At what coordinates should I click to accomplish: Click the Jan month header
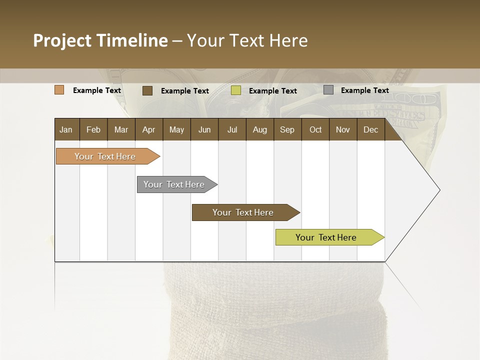pyautogui.click(x=66, y=129)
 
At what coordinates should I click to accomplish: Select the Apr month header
pyautogui.click(x=148, y=129)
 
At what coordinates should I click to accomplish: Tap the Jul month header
pyautogui.click(x=232, y=129)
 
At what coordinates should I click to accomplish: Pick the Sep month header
pyautogui.click(x=287, y=129)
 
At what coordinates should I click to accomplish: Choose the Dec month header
pyautogui.click(x=370, y=129)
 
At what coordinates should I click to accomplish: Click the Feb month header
pyautogui.click(x=93, y=129)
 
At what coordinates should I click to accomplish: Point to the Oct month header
pyautogui.click(x=315, y=129)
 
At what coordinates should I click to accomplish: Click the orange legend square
pyautogui.click(x=59, y=90)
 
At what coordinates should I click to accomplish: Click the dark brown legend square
pyautogui.click(x=147, y=90)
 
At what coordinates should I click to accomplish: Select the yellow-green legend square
pyautogui.click(x=236, y=90)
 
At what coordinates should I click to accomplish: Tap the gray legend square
pyautogui.click(x=328, y=90)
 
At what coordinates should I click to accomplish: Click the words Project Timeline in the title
pyautogui.click(x=100, y=40)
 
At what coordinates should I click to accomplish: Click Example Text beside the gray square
pyautogui.click(x=364, y=90)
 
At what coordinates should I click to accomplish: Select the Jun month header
pyautogui.click(x=204, y=129)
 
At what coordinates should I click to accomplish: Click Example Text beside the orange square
pyautogui.click(x=97, y=90)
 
